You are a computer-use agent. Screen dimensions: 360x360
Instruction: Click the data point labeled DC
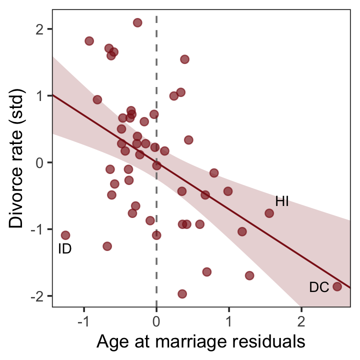coord(337,286)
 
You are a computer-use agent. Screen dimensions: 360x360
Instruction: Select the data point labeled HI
coord(269,213)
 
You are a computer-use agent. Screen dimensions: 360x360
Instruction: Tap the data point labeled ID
coord(65,235)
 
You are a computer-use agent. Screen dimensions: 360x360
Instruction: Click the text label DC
coord(319,287)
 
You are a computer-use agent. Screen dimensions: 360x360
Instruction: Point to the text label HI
coord(282,201)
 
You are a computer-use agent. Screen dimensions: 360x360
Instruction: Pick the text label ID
coord(65,248)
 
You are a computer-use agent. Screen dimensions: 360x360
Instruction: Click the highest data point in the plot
coord(137,22)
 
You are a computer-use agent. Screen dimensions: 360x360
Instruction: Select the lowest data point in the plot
coord(182,294)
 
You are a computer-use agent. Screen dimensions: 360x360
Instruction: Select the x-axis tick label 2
coord(301,320)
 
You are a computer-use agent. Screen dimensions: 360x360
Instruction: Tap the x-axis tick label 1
coord(229,320)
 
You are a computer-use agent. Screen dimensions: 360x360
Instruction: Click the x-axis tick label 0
coord(157,320)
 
